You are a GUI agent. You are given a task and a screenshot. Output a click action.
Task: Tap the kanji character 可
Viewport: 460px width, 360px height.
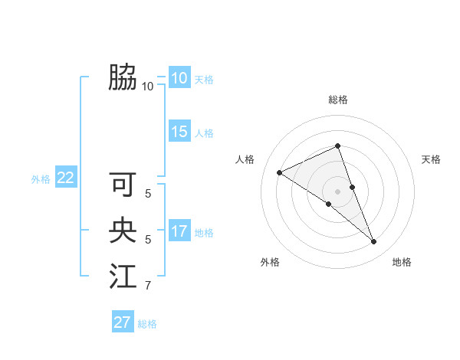pyautogui.click(x=123, y=185)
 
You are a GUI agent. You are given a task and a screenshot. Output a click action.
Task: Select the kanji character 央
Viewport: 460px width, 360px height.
pyautogui.click(x=123, y=231)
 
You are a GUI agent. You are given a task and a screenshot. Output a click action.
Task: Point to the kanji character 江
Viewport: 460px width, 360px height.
pyautogui.click(x=123, y=277)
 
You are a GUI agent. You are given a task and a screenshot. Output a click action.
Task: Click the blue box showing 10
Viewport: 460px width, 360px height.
pyautogui.click(x=179, y=78)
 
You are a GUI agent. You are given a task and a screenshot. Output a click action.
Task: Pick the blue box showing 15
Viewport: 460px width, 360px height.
pyautogui.click(x=179, y=132)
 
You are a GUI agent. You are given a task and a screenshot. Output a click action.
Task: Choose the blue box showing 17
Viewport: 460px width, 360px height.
pyautogui.click(x=179, y=231)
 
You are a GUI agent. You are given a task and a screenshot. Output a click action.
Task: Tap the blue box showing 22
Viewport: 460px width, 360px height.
pyautogui.click(x=65, y=178)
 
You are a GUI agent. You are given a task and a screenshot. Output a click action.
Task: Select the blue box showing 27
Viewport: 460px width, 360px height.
pyautogui.click(x=123, y=322)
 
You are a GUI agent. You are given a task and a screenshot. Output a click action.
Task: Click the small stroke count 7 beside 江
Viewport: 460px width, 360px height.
pyautogui.click(x=148, y=286)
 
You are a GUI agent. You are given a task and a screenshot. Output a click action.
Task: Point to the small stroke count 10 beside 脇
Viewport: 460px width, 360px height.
pyautogui.click(x=148, y=87)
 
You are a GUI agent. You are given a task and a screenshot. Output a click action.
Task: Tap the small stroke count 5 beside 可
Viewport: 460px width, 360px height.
pyautogui.click(x=148, y=195)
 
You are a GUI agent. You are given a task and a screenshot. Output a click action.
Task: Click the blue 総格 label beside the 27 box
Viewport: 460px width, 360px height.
pyautogui.click(x=147, y=324)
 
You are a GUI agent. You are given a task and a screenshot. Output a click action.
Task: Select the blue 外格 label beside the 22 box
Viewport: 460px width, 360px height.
pyautogui.click(x=41, y=179)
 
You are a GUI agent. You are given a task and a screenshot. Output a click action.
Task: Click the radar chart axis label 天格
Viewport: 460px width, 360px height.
pyautogui.click(x=431, y=159)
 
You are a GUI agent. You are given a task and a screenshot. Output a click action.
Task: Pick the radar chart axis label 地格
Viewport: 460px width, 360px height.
pyautogui.click(x=402, y=262)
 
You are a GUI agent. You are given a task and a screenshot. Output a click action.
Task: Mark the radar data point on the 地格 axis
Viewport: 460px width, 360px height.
pyautogui.click(x=374, y=242)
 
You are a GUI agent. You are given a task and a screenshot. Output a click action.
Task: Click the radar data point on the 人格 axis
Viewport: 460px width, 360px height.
pyautogui.click(x=280, y=172)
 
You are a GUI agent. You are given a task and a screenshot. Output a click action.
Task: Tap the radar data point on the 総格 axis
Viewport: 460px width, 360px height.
pyautogui.click(x=338, y=146)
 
